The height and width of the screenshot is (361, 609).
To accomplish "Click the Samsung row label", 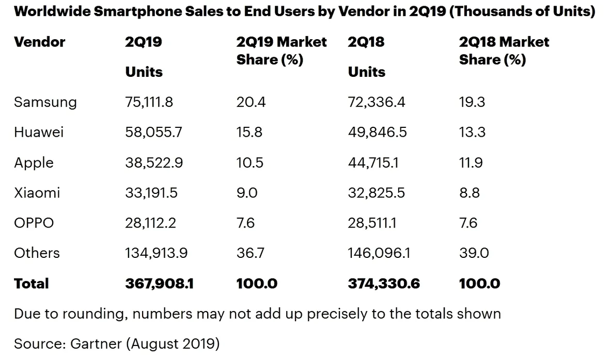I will (45, 102).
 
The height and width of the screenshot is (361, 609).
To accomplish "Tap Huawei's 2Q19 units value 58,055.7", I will (153, 133).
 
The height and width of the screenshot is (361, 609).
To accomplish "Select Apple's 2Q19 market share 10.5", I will (250, 163).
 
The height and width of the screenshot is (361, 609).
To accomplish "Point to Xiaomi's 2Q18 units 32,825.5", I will (377, 193).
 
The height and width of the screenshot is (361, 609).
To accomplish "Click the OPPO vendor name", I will (34, 223).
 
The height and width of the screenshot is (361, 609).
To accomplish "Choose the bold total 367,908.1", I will (159, 284).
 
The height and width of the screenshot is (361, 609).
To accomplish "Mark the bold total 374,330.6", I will (384, 284).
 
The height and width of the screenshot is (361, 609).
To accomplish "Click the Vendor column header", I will (39, 42).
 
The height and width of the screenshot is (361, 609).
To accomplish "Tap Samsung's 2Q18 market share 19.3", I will (472, 102).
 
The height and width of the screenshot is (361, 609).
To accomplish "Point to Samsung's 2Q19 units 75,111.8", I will (149, 102).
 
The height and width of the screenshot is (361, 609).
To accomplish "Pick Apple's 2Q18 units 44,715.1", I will (373, 163).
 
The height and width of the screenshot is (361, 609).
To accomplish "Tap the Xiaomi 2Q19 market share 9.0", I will (247, 193).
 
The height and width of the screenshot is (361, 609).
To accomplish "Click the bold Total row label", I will (32, 284).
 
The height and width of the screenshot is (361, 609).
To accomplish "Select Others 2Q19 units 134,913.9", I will (157, 253).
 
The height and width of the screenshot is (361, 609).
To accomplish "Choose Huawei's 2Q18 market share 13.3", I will (472, 133).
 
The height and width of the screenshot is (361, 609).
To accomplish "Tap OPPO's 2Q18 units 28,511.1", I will (372, 223).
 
